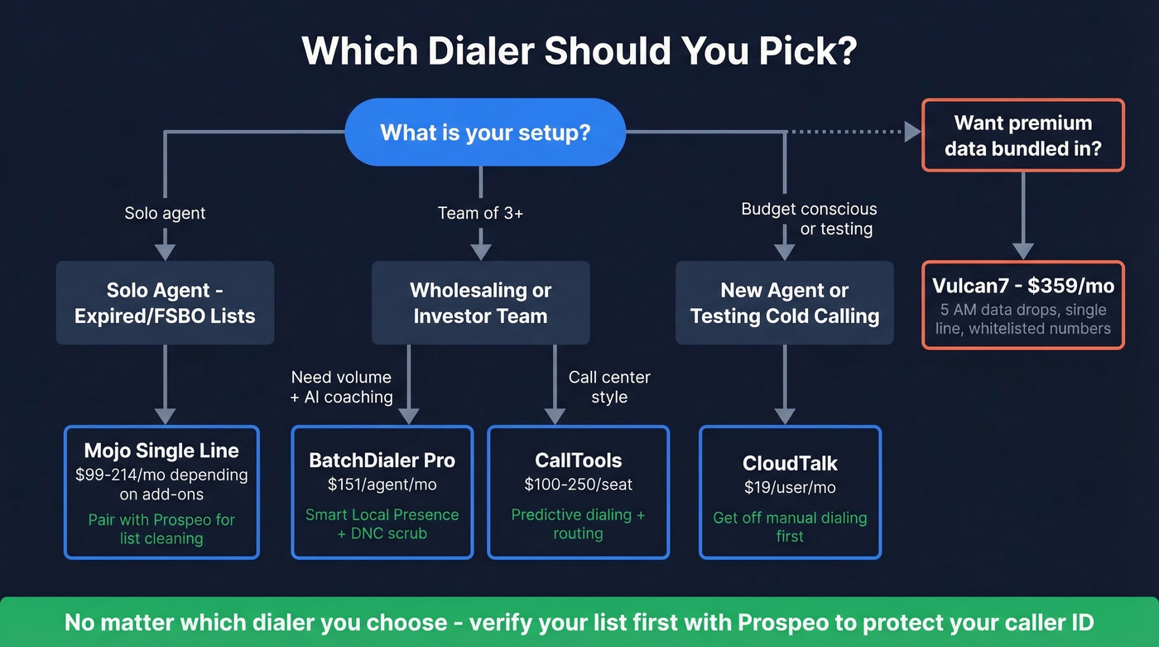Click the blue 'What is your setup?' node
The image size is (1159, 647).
pos(484,133)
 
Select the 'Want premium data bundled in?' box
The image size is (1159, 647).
pos(1022,135)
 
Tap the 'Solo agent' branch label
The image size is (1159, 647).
pos(165,213)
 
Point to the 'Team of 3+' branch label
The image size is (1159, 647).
pos(480,213)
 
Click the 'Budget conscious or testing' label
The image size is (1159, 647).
pos(809,219)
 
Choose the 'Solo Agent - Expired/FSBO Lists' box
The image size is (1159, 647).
pos(165,302)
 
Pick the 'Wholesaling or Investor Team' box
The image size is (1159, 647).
pos(480,302)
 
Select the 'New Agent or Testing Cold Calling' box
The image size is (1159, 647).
pos(784,302)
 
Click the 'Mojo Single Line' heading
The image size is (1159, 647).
pos(161,451)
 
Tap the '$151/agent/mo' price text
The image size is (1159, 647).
pos(382,485)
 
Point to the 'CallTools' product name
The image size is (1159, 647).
pos(578,461)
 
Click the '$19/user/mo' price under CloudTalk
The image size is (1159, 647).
pos(790,488)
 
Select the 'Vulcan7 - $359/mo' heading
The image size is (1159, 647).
pos(1022,286)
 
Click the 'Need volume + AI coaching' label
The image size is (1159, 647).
pos(342,387)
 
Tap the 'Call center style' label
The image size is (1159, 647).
pos(609,387)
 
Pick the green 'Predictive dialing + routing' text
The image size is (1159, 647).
pos(578,524)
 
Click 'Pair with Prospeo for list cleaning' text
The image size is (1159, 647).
pos(161,529)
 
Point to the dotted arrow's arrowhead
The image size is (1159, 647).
pos(911,132)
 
